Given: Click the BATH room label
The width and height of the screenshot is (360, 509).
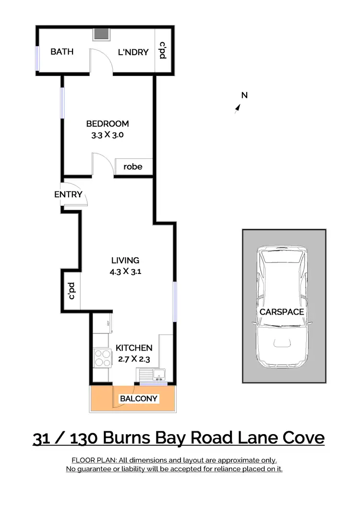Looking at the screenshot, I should [62, 51].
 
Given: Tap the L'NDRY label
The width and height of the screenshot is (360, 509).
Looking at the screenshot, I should [133, 52].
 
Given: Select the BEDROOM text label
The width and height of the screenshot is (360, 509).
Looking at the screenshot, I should [108, 124].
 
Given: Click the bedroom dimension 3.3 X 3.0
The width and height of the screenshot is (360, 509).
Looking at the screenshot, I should [108, 135].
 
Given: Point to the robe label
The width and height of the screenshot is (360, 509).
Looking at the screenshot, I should [133, 167].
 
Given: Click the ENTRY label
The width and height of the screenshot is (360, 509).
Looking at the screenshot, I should [68, 194].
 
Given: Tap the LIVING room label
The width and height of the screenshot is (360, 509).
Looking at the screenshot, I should [125, 260].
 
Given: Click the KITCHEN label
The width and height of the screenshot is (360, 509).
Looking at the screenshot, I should [134, 348].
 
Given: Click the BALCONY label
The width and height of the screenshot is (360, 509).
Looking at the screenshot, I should [139, 399].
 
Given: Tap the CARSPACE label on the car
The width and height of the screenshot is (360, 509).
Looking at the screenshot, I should [282, 312].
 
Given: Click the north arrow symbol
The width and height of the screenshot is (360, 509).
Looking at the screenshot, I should [237, 109].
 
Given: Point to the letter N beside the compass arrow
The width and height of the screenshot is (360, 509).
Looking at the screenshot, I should [244, 95].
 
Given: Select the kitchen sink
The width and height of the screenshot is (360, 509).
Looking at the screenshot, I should [158, 374].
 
